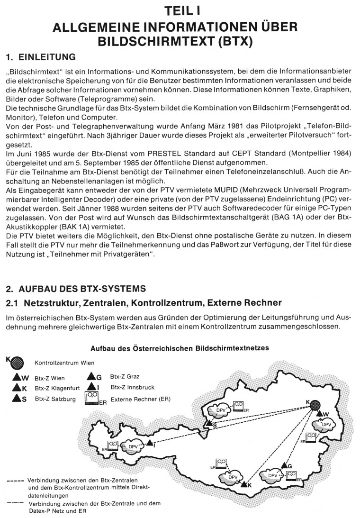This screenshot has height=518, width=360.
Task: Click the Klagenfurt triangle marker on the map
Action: click(243, 484)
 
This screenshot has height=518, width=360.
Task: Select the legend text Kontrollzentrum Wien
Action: click(64, 363)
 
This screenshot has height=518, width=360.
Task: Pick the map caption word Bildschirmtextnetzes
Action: click(232, 348)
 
